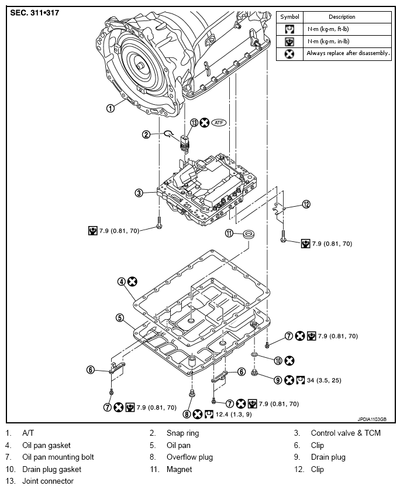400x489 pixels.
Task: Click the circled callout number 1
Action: [x=111, y=108]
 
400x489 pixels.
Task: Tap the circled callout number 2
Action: [x=146, y=135]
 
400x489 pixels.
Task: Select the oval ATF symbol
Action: [x=219, y=122]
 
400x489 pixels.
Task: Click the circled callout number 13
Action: [x=194, y=122]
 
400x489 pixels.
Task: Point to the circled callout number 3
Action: [x=139, y=193]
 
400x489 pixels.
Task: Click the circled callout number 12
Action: [x=306, y=204]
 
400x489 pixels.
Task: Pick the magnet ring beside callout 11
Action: [x=249, y=234]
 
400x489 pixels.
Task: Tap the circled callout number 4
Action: [x=121, y=282]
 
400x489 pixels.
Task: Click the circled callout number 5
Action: [x=120, y=318]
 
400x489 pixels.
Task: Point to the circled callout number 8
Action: [x=187, y=414]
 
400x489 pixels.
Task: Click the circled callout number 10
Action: [x=278, y=361]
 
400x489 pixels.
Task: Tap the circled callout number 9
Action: [x=278, y=380]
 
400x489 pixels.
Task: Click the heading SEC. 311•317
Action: [x=35, y=13]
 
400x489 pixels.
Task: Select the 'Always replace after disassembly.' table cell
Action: [x=347, y=54]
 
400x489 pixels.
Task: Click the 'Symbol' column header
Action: [x=289, y=17]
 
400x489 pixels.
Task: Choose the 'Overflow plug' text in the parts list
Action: [x=189, y=457]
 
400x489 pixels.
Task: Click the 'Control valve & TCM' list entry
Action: [x=346, y=433]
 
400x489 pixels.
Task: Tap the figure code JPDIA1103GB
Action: [x=372, y=419]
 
